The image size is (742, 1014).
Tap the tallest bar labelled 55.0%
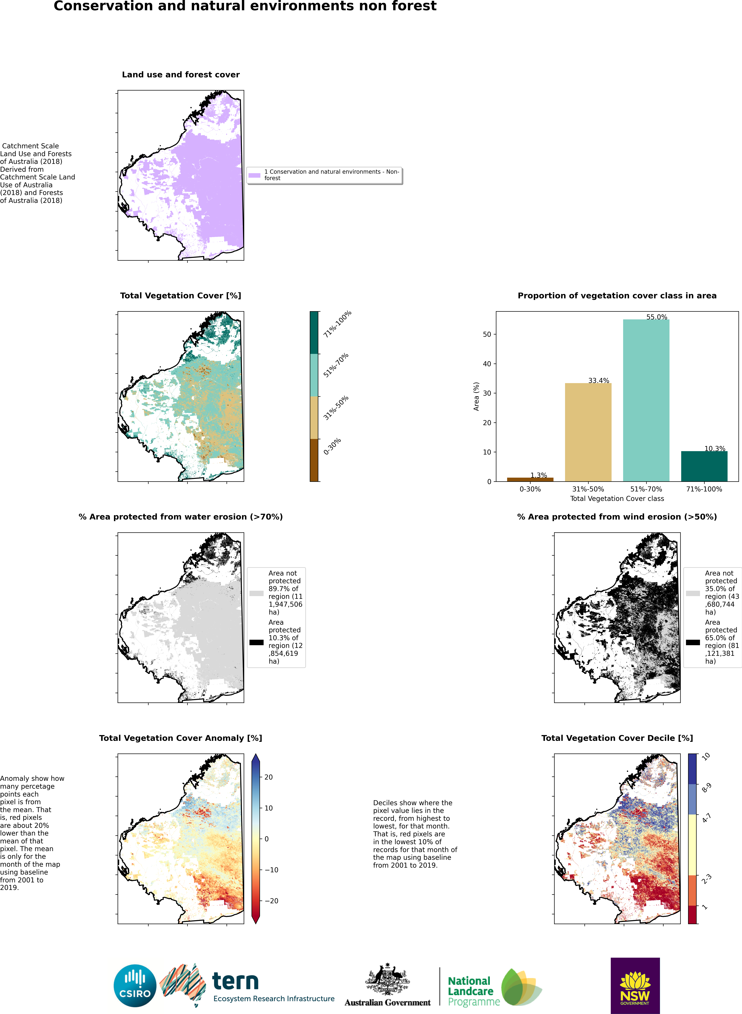646,400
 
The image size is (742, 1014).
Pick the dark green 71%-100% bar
704,466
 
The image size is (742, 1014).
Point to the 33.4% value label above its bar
599,381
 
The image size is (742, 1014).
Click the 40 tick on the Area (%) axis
487,364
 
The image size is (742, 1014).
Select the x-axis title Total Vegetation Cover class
617,499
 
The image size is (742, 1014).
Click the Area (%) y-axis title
476,396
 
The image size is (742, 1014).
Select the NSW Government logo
635,985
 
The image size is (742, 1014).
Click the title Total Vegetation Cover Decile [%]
617,738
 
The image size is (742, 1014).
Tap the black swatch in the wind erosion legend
693,642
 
